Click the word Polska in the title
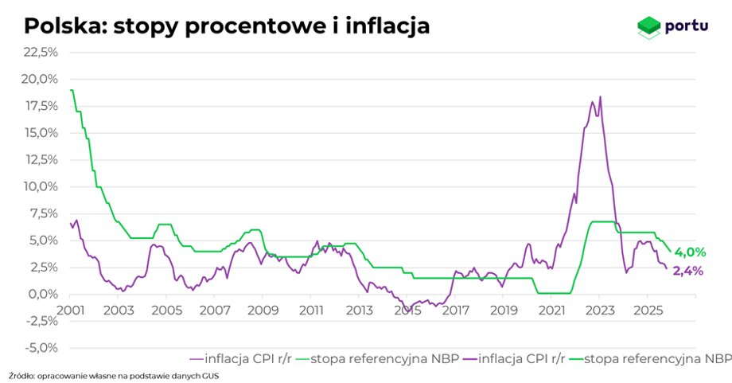pos(64,25)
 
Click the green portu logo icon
pos(649,27)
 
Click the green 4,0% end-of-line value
pos(690,253)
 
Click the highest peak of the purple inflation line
pos(600,97)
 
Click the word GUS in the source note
pos(209,374)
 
